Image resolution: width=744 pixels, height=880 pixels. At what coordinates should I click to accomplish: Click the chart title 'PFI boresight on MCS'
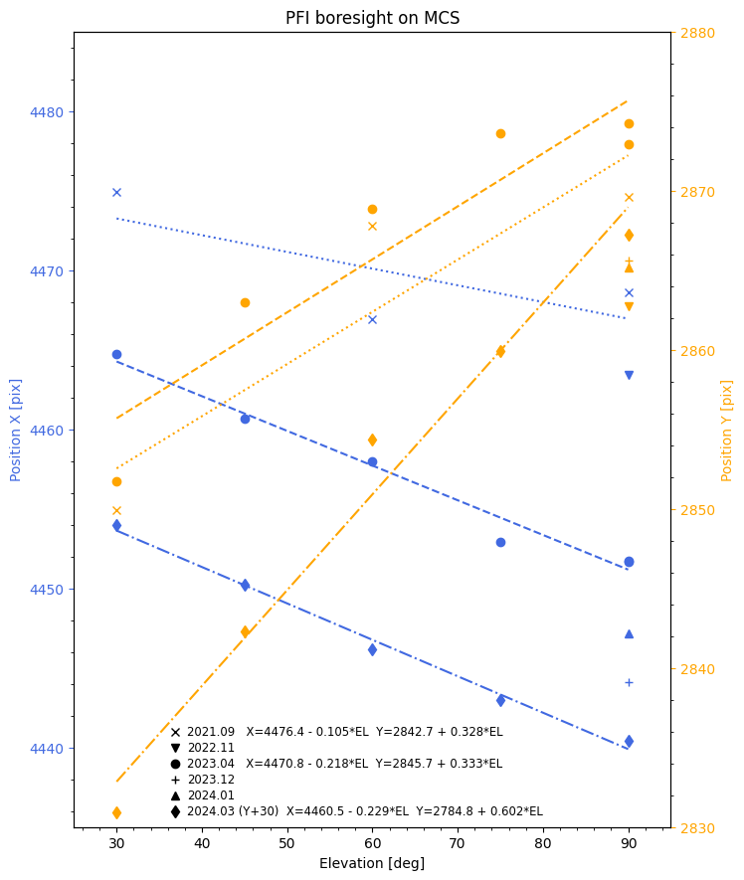click(x=372, y=18)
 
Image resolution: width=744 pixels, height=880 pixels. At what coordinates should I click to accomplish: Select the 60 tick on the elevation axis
click(x=372, y=843)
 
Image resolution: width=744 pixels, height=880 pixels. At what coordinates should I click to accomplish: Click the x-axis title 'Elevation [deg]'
click(x=372, y=863)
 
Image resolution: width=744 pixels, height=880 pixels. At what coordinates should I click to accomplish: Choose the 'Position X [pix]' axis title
click(x=16, y=430)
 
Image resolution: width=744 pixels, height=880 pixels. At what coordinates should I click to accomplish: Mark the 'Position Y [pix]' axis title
click(x=727, y=430)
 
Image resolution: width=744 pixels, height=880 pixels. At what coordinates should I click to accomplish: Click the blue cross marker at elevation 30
click(x=116, y=192)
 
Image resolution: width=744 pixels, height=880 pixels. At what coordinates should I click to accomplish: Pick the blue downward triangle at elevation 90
click(x=629, y=375)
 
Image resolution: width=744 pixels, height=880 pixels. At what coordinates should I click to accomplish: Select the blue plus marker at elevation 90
click(x=629, y=682)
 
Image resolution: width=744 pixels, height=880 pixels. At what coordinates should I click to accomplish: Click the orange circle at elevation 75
click(x=500, y=133)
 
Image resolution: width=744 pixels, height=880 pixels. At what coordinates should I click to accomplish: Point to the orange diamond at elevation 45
click(x=245, y=631)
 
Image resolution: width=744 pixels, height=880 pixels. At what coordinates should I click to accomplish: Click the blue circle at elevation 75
click(x=500, y=542)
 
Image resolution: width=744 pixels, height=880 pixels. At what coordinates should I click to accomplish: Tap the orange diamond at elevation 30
click(x=116, y=812)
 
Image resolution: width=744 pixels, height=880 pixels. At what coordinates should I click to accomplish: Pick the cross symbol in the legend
click(x=175, y=732)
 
